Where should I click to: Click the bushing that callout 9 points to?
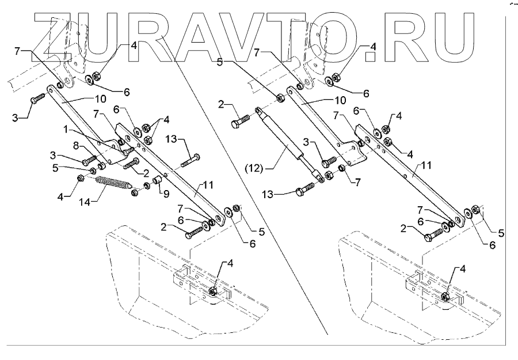click(x=155, y=186)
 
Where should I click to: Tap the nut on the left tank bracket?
click(x=213, y=292)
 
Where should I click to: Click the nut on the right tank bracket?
click(x=445, y=296)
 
